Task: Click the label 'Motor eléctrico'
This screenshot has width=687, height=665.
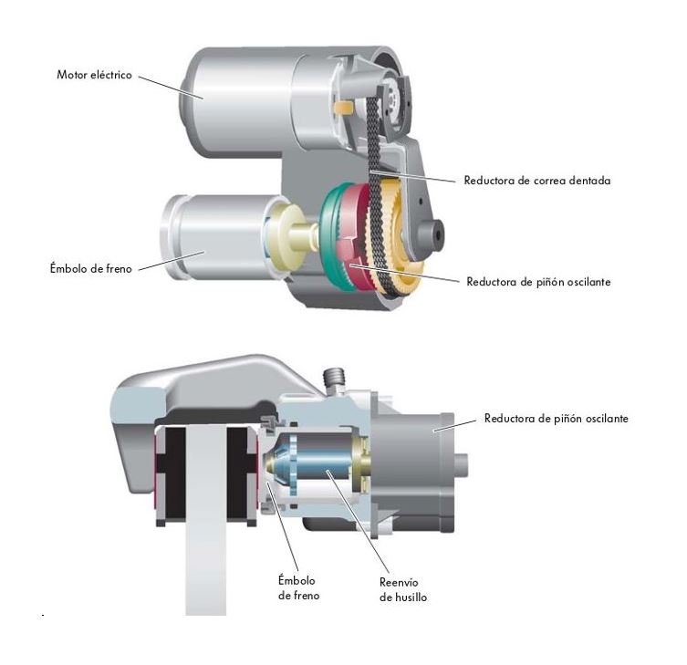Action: pos(94,75)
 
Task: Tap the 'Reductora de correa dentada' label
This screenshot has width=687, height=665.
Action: pos(537,181)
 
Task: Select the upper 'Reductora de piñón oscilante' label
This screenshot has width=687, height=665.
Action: pos(538,282)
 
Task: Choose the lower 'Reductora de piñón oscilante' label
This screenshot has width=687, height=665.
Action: pos(556,419)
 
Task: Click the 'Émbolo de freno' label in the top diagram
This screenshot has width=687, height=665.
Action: pos(90,268)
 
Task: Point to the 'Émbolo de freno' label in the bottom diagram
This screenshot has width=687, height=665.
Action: pos(299,587)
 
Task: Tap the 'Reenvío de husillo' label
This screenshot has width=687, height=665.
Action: pos(403,589)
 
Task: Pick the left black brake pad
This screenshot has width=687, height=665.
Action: pos(171,473)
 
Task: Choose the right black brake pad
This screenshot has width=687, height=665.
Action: pos(242,473)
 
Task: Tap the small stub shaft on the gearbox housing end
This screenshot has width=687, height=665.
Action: pos(462,465)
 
